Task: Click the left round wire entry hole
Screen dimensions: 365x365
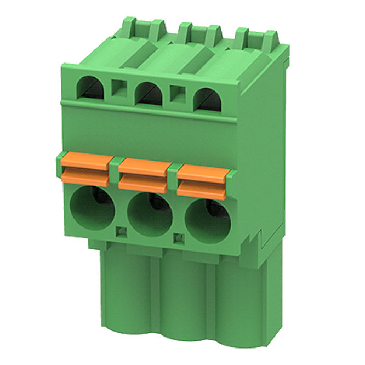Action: click(x=93, y=208)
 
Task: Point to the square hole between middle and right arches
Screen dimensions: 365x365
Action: click(x=178, y=94)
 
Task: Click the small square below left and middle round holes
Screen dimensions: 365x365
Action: click(x=122, y=232)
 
